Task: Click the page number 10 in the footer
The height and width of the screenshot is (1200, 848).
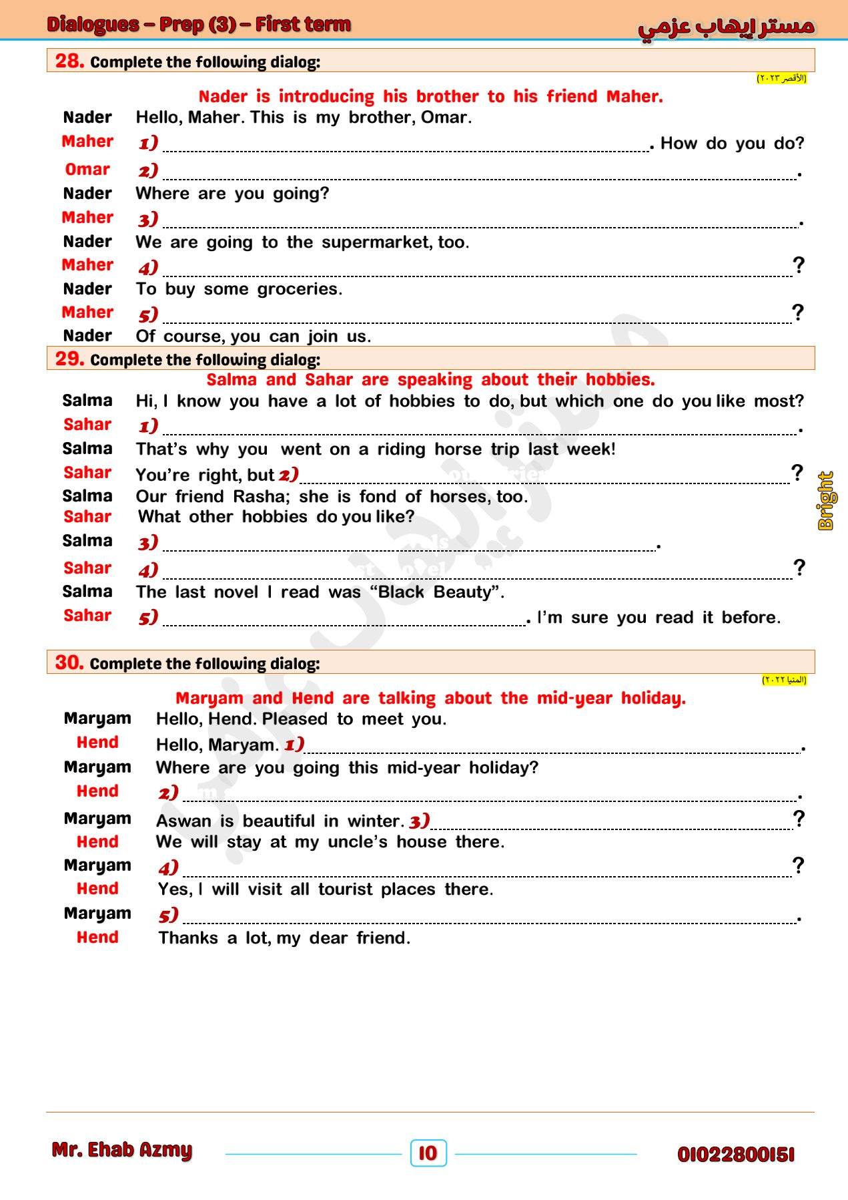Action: tap(428, 1153)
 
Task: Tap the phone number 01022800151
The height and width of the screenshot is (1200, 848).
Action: tap(736, 1155)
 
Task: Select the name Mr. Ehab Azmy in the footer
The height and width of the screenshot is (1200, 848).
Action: tap(122, 1150)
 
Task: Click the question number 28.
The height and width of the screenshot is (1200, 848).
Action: tap(69, 61)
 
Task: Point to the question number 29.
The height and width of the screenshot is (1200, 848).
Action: tap(69, 359)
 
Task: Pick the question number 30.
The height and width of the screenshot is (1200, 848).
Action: tap(69, 662)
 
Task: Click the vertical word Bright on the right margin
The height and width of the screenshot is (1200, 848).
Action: tap(826, 501)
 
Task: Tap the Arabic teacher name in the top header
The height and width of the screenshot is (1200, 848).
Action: tap(726, 26)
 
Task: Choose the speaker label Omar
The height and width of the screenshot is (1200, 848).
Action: tap(87, 170)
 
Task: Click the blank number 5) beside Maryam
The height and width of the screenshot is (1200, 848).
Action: tap(169, 915)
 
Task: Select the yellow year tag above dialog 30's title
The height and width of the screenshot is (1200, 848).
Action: tap(784, 680)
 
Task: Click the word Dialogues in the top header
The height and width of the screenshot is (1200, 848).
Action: tap(93, 25)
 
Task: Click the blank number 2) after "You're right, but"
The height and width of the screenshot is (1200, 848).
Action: tap(288, 475)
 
